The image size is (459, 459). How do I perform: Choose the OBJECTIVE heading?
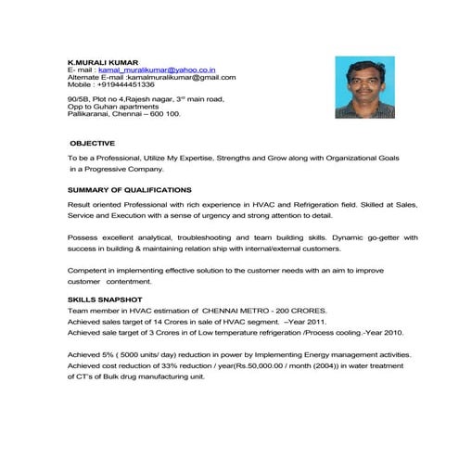point(93,144)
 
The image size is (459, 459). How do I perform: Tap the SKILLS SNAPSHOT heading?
point(105,300)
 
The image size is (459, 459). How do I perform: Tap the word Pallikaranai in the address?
point(90,113)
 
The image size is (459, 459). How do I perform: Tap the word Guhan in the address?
point(113,106)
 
